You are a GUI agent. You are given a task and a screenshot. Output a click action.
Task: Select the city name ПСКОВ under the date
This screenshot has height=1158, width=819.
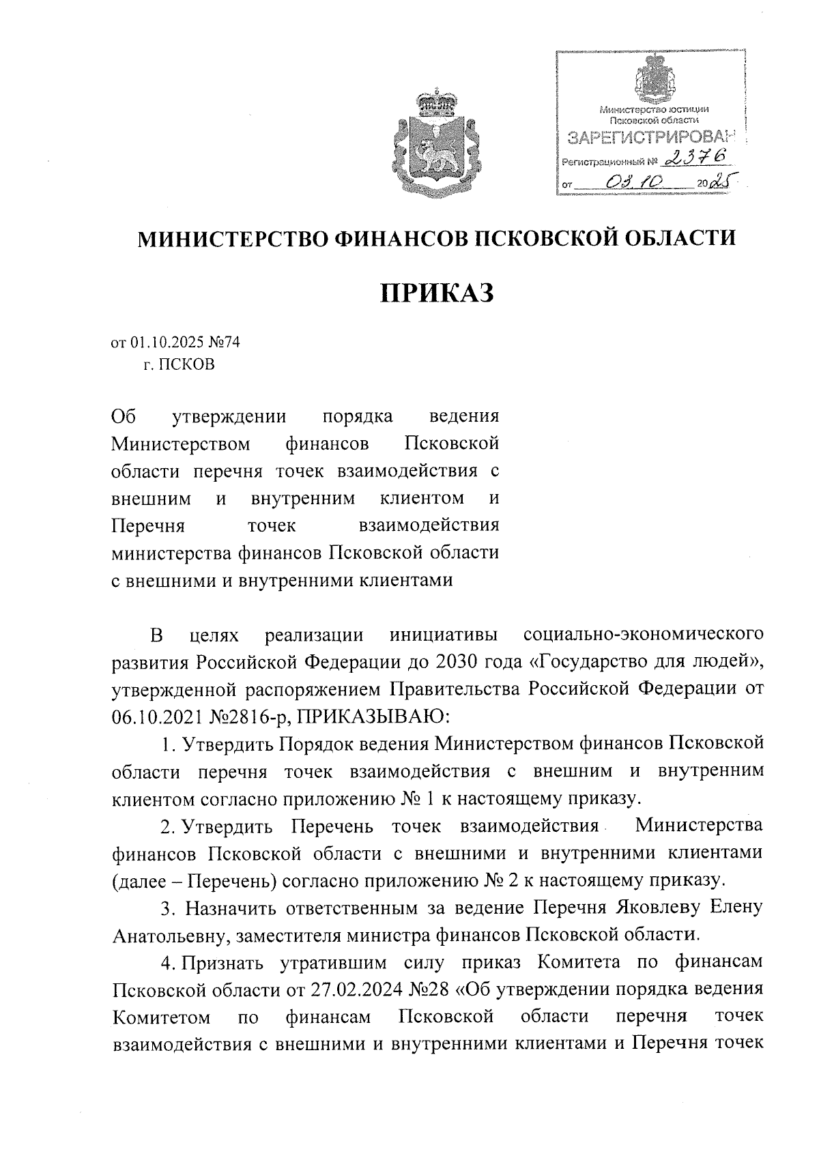pos(188,364)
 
